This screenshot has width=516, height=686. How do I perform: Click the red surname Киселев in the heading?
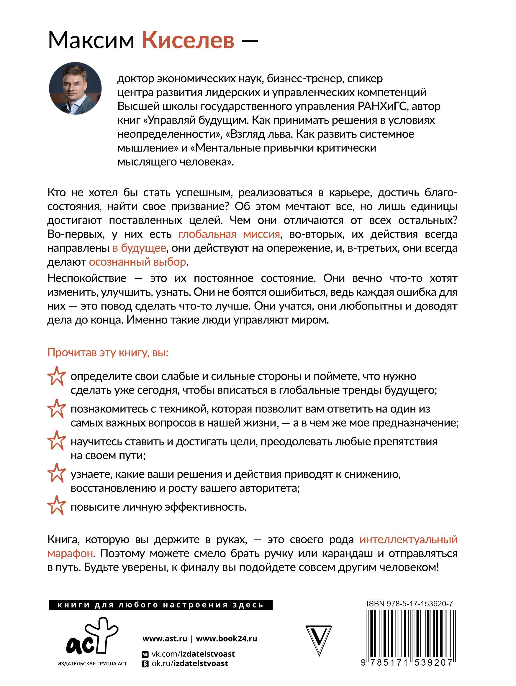(x=188, y=40)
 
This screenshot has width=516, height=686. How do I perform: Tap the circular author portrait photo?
(x=75, y=88)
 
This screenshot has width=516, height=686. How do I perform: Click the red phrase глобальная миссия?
(x=229, y=234)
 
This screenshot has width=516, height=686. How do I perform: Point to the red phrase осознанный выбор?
(x=137, y=262)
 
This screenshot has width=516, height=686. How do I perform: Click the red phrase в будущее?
(x=139, y=248)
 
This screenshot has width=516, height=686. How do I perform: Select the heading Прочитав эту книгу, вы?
(x=108, y=353)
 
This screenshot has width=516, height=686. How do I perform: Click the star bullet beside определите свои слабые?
(x=56, y=376)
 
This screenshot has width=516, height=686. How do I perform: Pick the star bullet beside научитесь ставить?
(x=56, y=441)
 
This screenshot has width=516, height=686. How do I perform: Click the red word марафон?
(x=70, y=553)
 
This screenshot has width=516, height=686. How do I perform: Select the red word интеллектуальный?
(x=408, y=539)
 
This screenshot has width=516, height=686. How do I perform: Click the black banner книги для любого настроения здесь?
(x=160, y=605)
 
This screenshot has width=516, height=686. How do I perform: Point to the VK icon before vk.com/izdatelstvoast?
(x=145, y=654)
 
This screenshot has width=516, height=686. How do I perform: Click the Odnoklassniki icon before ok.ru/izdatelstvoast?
(x=145, y=664)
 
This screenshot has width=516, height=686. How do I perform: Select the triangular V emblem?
(x=319, y=639)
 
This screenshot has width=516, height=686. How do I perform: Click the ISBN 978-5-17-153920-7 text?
(x=409, y=604)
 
